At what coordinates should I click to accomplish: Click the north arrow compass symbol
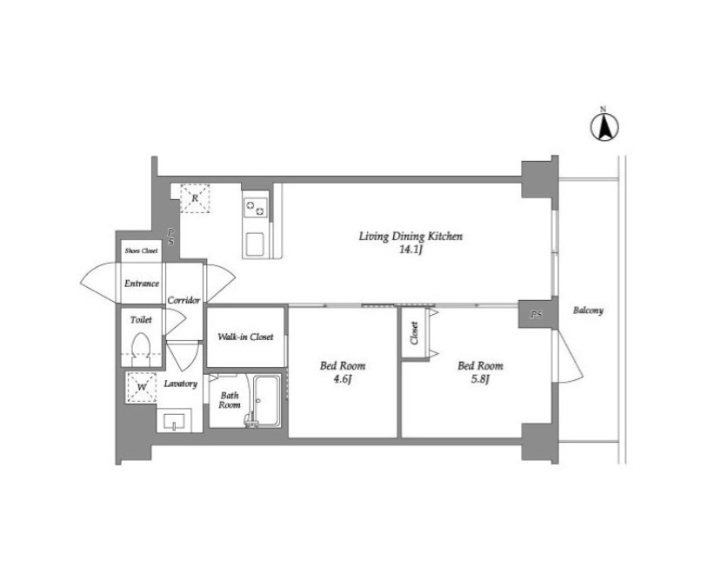[604, 127]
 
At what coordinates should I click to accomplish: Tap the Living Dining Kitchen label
[410, 237]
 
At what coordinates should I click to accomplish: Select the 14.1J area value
[410, 250]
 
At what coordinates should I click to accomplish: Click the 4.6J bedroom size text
[343, 379]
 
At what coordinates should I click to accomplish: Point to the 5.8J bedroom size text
[480, 379]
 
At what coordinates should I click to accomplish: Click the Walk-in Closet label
[245, 337]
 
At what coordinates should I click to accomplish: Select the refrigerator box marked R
[195, 198]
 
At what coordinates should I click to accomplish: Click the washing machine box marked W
[142, 386]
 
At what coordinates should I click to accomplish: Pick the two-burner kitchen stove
[255, 208]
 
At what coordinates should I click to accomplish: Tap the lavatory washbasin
[174, 421]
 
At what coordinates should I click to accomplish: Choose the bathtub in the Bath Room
[266, 400]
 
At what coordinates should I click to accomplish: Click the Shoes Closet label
[141, 251]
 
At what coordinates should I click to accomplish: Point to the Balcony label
[588, 311]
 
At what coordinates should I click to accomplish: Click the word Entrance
[142, 284]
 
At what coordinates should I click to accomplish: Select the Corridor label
[183, 300]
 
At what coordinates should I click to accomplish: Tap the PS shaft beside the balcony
[536, 315]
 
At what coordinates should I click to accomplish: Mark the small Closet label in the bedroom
[414, 333]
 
